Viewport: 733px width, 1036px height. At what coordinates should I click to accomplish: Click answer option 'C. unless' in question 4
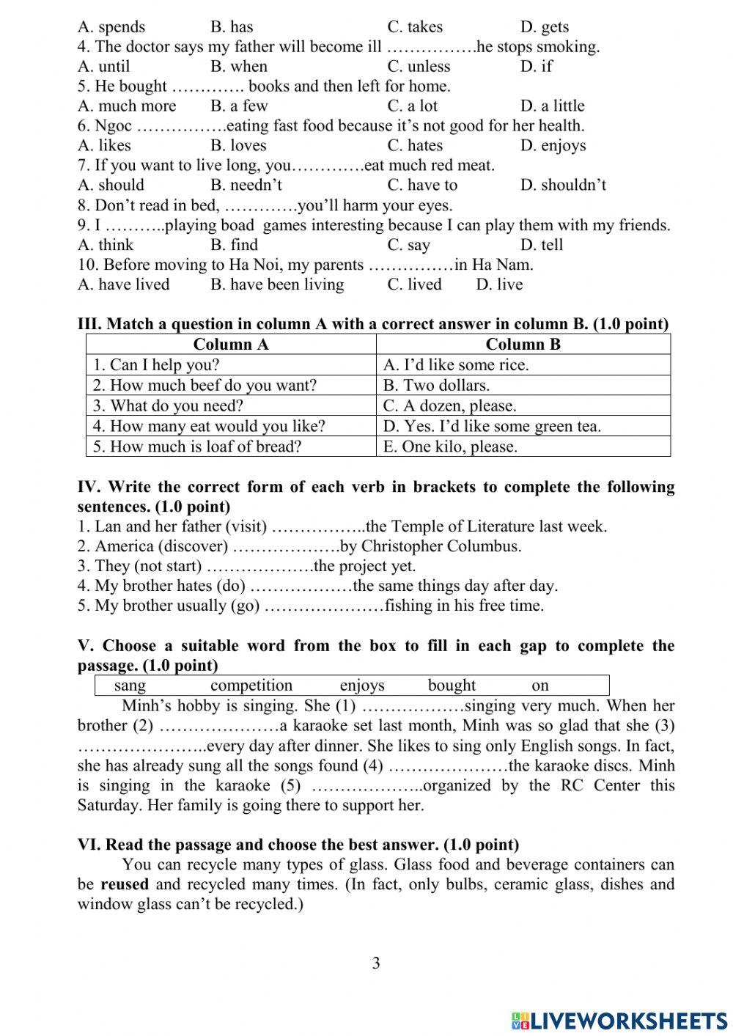click(x=419, y=66)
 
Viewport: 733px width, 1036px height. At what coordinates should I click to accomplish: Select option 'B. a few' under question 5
click(x=239, y=106)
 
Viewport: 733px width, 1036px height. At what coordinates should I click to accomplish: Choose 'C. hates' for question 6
click(x=415, y=145)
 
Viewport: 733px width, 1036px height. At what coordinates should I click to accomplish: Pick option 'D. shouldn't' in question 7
click(x=563, y=185)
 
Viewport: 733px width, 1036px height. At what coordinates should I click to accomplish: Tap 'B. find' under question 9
click(x=234, y=245)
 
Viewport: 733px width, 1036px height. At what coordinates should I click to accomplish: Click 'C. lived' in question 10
click(x=414, y=284)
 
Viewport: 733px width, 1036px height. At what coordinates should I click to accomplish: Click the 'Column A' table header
click(x=231, y=345)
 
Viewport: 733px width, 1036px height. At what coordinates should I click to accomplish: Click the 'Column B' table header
click(x=523, y=345)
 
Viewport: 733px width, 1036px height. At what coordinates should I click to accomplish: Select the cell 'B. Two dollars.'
click(x=436, y=385)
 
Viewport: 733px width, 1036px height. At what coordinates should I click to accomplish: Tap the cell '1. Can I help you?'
click(x=156, y=364)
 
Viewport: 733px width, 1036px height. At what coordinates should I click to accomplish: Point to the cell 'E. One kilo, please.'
click(x=450, y=447)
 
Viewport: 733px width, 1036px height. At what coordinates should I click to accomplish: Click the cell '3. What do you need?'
click(x=168, y=405)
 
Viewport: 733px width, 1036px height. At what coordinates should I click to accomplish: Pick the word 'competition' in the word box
click(x=251, y=686)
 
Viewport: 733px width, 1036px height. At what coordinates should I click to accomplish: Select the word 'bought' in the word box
click(x=452, y=686)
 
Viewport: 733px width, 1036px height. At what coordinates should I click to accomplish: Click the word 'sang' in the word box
click(x=130, y=686)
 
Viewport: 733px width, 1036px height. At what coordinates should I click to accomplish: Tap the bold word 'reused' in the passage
click(x=125, y=884)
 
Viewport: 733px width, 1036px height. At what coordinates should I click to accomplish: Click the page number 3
click(x=376, y=963)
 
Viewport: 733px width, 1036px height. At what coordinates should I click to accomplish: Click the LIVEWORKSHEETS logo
click(x=619, y=1020)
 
